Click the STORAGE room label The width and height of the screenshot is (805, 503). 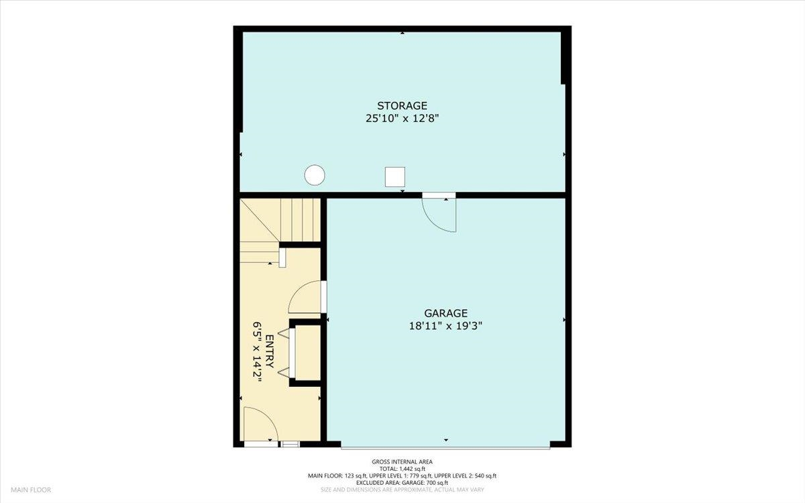(402, 106)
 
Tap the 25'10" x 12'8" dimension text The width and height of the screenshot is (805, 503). (402, 118)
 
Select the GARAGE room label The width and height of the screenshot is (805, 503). (445, 313)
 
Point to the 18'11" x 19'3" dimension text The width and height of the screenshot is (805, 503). (445, 326)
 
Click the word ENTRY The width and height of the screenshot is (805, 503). (270, 351)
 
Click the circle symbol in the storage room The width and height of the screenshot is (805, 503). (315, 175)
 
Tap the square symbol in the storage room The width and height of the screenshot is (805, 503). (395, 177)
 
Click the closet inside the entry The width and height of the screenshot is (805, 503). (305, 353)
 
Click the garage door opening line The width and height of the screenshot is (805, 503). (445, 448)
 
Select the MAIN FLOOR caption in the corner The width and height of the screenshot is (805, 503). (31, 490)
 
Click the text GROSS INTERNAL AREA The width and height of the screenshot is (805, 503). (402, 461)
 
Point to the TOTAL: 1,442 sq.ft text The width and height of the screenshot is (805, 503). (402, 469)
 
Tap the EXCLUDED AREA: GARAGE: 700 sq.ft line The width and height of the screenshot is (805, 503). (402, 482)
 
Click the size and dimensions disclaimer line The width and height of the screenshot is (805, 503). (402, 490)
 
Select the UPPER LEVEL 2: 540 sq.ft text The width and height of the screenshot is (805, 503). (466, 476)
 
